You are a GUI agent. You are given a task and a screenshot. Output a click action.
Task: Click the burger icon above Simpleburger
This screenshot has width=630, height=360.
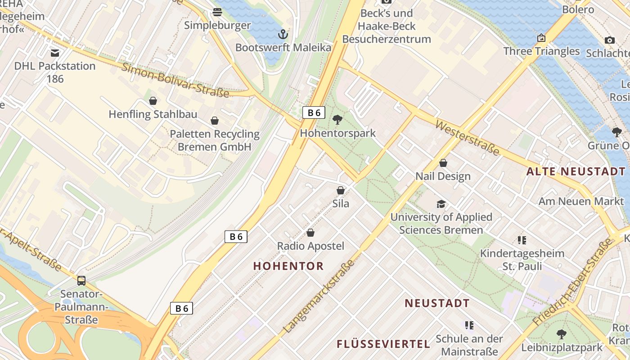[x=217, y=12]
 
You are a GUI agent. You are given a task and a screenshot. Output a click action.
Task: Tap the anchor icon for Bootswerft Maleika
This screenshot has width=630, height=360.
[x=283, y=34]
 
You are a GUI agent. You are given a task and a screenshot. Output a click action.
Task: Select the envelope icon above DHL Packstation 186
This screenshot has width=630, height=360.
[x=55, y=53]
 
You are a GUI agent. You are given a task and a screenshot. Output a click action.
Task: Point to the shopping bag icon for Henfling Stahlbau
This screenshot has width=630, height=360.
[x=153, y=101]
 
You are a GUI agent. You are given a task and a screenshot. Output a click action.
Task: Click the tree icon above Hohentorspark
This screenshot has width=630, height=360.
[x=337, y=120]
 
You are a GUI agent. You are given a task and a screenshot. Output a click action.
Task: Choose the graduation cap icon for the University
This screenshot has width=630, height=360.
[x=441, y=204]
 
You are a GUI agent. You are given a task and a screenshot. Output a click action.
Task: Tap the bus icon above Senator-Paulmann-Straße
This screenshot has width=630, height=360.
[x=81, y=281]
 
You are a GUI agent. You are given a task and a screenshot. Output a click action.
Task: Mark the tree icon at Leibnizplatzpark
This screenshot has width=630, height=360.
[x=561, y=334]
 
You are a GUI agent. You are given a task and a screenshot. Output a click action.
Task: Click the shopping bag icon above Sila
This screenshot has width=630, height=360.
[x=341, y=190]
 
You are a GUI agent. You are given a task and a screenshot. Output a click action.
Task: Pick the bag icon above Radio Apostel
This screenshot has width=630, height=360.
[x=310, y=233]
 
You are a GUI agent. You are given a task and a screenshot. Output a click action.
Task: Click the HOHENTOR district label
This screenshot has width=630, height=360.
[x=288, y=266]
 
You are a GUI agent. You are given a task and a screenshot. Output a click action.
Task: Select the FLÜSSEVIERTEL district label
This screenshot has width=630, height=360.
[x=383, y=344]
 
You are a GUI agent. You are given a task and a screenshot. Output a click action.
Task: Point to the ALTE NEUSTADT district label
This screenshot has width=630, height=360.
[x=576, y=171]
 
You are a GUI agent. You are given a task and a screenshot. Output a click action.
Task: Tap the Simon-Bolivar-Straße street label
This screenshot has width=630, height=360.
[x=175, y=81]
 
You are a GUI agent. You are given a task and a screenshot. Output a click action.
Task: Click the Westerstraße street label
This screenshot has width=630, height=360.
[x=468, y=138]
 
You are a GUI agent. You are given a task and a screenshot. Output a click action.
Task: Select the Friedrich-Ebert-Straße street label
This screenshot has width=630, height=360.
[x=572, y=283]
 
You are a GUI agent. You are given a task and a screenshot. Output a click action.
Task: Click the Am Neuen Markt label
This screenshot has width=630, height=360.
[x=581, y=201]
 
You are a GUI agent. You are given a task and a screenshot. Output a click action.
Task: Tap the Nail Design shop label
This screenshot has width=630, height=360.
[x=443, y=176]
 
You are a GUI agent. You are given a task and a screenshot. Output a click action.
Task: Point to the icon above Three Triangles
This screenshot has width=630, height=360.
[x=541, y=38]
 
